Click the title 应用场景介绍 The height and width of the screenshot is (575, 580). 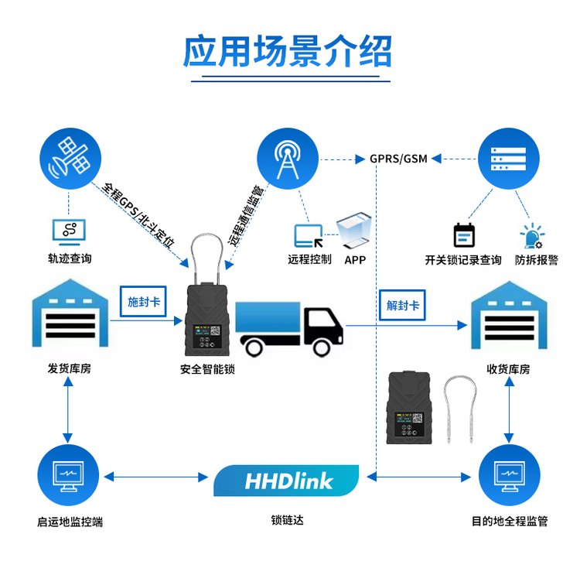tap(288, 52)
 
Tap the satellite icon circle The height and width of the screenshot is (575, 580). tap(69, 158)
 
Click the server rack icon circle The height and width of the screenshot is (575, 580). tap(508, 158)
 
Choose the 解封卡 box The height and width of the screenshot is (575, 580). tap(402, 305)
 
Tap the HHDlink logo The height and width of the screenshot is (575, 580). tap(287, 481)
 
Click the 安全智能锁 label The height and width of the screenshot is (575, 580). tap(207, 369)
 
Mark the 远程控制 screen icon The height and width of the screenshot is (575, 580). tap(308, 235)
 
